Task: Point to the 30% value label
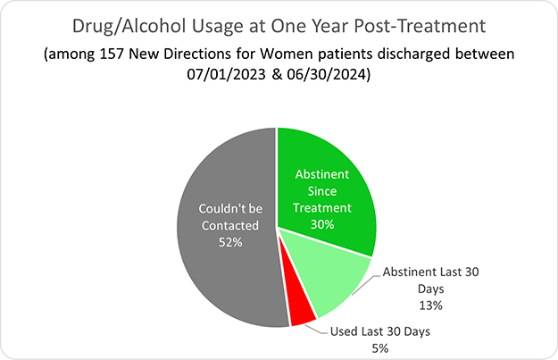point(322,223)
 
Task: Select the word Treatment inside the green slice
point(322,207)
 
